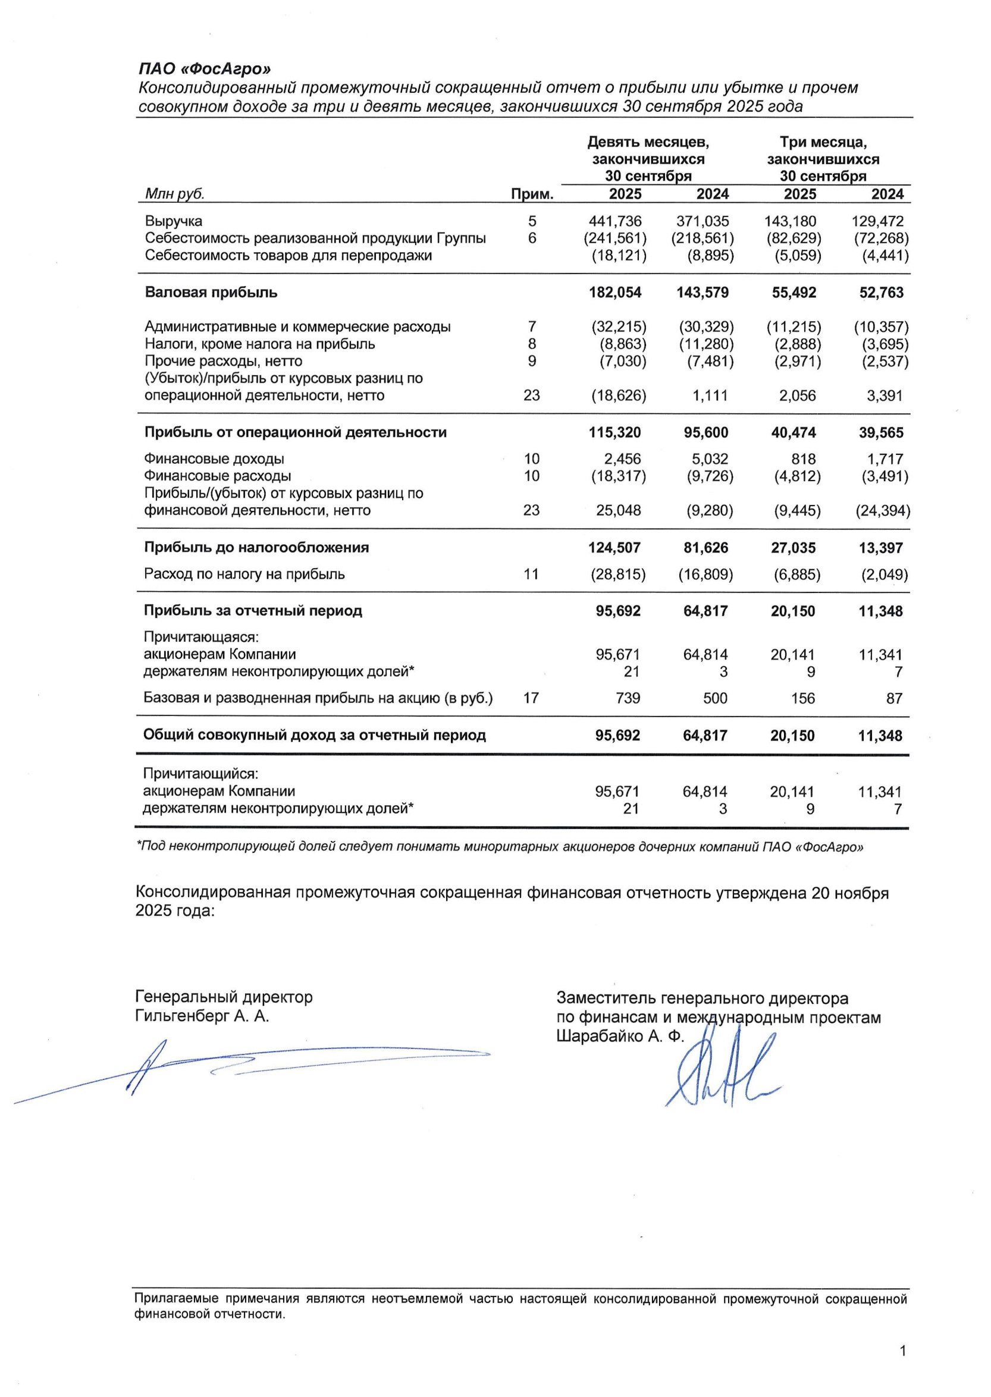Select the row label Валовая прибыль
click(x=211, y=292)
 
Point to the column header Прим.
click(x=532, y=194)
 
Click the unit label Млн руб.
click(x=174, y=194)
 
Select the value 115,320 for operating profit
click(x=614, y=432)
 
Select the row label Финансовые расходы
click(x=217, y=476)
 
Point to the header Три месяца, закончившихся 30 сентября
click(x=823, y=159)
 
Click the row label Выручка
click(x=174, y=221)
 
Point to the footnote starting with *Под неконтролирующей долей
click(x=500, y=847)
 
